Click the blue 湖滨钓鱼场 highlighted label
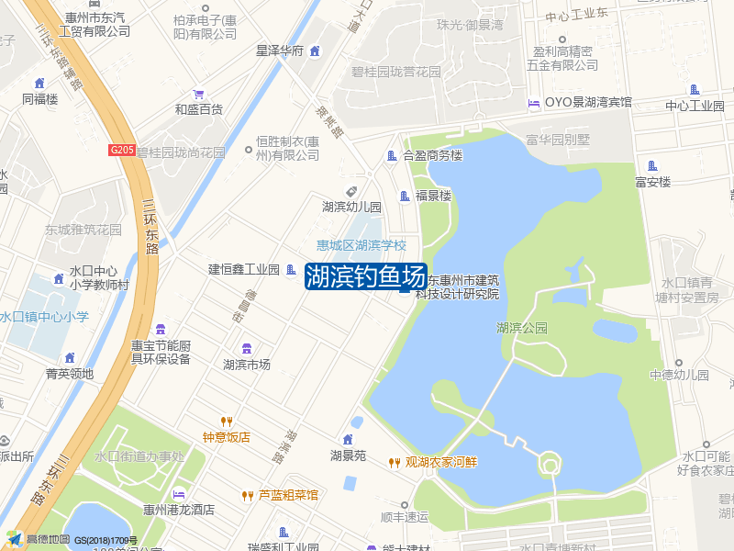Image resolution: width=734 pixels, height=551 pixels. pos(365,275)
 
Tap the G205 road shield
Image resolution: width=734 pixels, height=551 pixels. pos(121,150)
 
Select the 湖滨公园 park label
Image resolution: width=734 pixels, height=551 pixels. pos(521,328)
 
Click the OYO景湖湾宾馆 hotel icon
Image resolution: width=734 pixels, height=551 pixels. pos(534,103)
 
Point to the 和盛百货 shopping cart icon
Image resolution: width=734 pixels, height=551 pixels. pos(198,95)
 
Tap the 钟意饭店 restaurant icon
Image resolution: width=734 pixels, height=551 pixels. pos(227,422)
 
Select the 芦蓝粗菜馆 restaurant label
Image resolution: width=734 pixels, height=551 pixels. pos(288,495)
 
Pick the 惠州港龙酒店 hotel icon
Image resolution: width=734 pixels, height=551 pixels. pos(178,494)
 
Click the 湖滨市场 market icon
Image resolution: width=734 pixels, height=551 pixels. pos(246,348)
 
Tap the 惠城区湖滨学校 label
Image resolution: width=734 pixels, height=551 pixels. pos(361,245)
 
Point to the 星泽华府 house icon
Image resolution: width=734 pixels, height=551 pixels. pos(315,51)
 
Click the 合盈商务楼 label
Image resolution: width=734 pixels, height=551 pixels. pos(432,156)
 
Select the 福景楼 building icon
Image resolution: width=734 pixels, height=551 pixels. pos(404,196)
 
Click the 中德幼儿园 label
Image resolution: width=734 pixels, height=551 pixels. pos(679,375)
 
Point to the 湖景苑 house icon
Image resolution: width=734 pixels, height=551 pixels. pos(348,439)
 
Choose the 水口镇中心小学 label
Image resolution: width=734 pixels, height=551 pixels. pos(44,317)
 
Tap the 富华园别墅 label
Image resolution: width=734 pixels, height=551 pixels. pos(557,140)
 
